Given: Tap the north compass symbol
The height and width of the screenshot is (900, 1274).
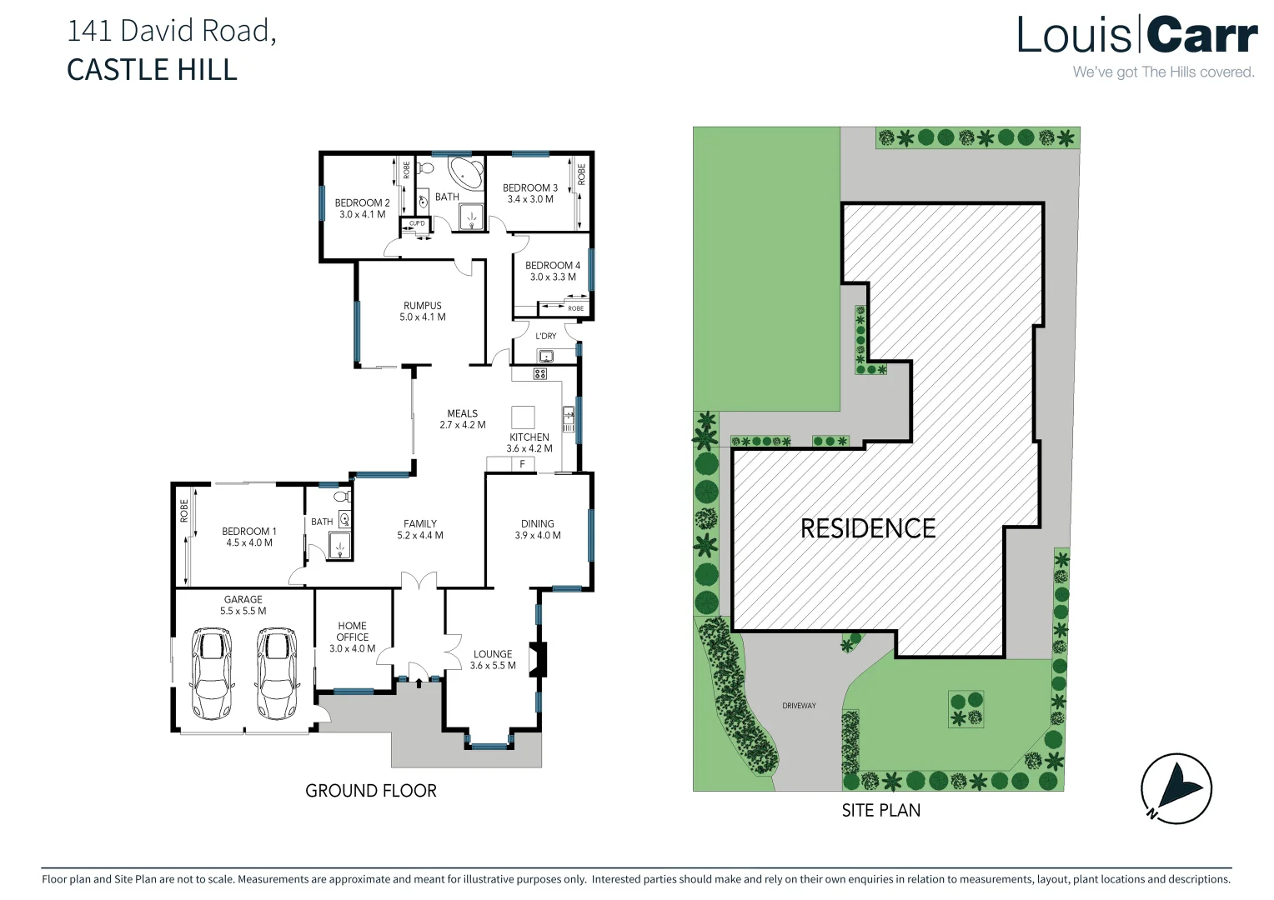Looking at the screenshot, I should tap(1176, 788).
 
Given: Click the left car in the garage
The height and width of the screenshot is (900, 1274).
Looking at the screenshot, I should tap(212, 673).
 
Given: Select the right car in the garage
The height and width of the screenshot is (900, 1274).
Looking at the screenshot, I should tap(276, 673).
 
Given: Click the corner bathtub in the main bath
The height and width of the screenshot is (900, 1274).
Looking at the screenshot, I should tap(464, 173).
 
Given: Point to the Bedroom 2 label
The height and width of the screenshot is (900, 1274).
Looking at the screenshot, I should tap(362, 202).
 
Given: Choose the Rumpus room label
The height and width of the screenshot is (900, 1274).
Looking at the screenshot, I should tap(423, 306).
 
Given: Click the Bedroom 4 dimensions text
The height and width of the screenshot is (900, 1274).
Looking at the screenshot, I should tap(553, 277).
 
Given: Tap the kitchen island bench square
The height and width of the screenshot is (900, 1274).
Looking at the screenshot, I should tap(523, 416).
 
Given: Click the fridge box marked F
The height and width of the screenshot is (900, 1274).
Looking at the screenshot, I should tap(522, 464).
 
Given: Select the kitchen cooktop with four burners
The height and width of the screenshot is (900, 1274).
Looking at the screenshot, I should tap(539, 374).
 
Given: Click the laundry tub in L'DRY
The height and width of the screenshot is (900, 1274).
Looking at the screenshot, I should tap(545, 356).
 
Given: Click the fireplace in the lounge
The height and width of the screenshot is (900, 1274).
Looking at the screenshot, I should tap(540, 659).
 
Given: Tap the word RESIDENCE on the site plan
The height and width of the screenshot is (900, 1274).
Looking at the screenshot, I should tap(867, 528).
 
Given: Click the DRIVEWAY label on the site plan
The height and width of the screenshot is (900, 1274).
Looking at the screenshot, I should tap(799, 706).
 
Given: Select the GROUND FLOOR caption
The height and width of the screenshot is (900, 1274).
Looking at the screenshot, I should tap(371, 791).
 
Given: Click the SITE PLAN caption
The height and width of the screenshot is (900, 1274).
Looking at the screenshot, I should tap(880, 810).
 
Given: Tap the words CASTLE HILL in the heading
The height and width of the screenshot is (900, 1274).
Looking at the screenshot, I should tap(152, 70).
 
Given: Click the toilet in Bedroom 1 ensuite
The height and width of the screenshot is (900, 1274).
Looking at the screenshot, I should tap(341, 497).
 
